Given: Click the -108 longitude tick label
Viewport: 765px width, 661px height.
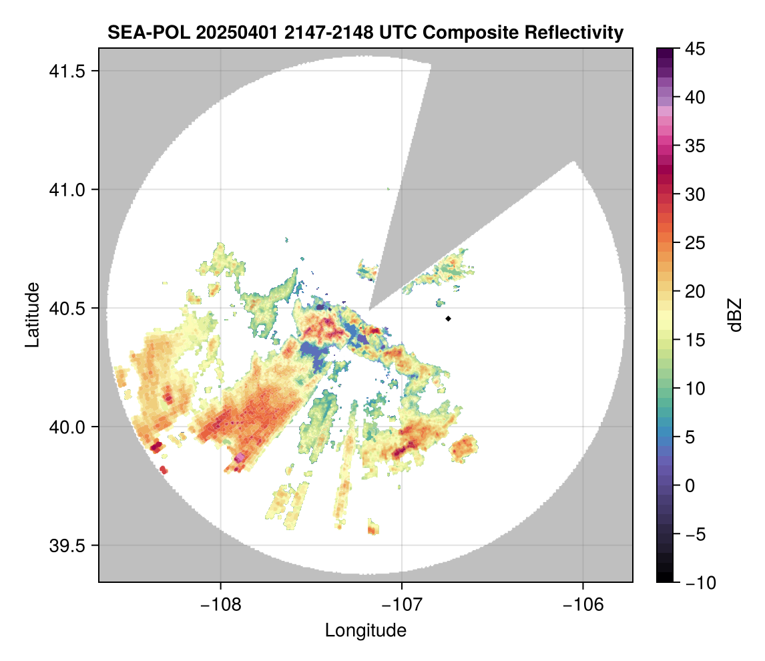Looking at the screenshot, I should (x=220, y=605).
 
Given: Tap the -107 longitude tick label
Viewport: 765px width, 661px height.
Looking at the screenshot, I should (x=402, y=605).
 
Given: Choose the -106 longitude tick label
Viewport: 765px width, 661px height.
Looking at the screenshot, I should (x=583, y=605).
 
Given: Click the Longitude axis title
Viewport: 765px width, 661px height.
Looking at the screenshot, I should (x=366, y=630).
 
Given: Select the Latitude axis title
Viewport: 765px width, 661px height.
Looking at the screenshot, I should (x=31, y=314).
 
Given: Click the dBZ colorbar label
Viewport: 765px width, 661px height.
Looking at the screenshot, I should (x=735, y=314).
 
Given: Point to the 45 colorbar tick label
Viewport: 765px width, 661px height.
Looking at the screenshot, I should (x=694, y=49).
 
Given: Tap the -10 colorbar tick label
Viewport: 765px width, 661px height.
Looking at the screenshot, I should (x=697, y=582).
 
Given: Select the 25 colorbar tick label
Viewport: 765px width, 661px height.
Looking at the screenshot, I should (x=694, y=243).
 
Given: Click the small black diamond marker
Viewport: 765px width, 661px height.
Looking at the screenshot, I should (x=449, y=318).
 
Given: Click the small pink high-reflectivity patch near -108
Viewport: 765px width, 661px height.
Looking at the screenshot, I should (x=240, y=457).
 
